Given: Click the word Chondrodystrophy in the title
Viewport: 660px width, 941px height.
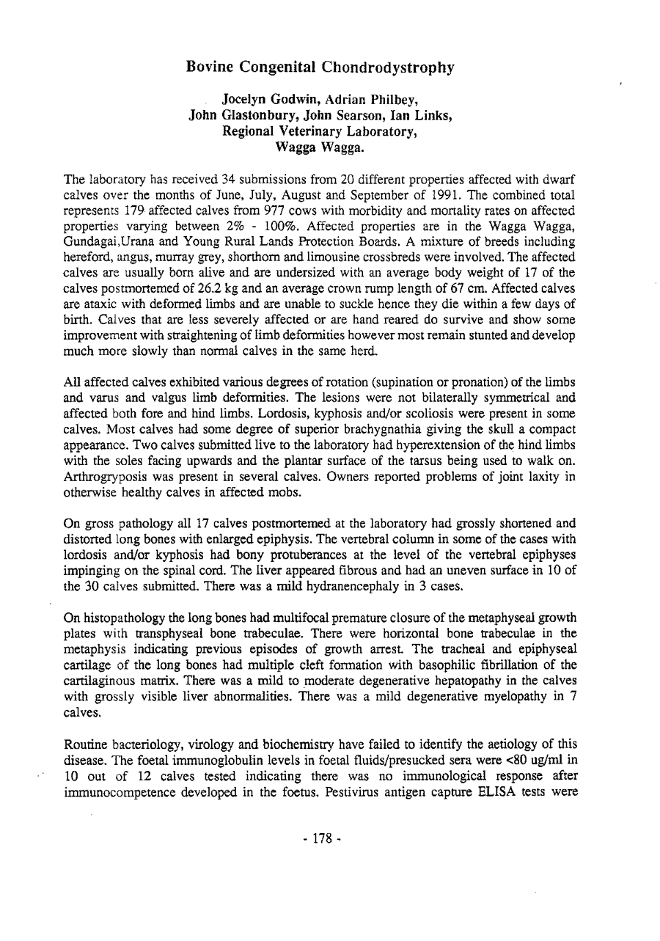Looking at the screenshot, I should click(x=384, y=68).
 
